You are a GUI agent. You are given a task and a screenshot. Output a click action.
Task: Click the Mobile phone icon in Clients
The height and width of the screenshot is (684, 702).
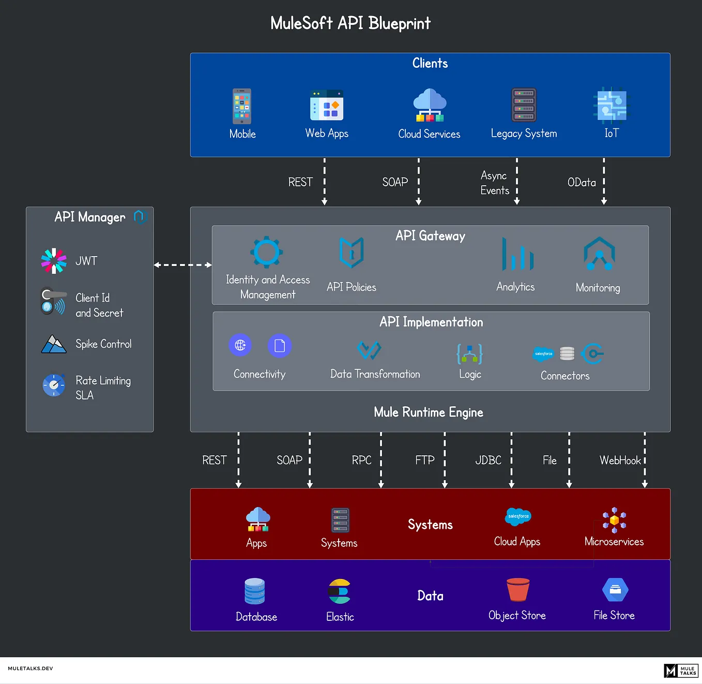click(x=242, y=106)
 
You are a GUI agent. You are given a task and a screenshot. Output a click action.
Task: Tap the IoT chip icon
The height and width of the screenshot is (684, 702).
click(x=612, y=105)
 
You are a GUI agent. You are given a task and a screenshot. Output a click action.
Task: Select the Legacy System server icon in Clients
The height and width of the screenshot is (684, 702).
click(x=524, y=105)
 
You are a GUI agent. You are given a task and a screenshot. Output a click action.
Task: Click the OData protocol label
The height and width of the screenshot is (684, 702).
click(x=582, y=182)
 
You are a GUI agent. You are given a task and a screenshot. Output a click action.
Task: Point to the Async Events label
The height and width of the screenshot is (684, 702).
click(x=494, y=183)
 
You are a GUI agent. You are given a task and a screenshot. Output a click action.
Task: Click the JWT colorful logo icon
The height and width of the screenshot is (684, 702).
click(x=54, y=261)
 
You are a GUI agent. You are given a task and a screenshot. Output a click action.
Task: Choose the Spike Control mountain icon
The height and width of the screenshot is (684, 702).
click(x=54, y=344)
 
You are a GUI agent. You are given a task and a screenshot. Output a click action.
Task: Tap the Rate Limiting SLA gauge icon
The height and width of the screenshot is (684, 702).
click(x=54, y=385)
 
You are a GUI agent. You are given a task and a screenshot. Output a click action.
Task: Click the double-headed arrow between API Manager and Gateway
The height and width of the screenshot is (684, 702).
click(x=182, y=265)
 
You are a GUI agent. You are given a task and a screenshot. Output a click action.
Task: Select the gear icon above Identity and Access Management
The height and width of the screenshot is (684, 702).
click(x=267, y=252)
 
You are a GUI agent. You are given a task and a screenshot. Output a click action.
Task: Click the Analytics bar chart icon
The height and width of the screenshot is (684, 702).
click(x=517, y=254)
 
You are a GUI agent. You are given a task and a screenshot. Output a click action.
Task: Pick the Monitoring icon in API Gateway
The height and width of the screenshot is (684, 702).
click(x=599, y=254)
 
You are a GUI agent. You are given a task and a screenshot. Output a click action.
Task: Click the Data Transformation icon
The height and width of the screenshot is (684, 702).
click(x=369, y=350)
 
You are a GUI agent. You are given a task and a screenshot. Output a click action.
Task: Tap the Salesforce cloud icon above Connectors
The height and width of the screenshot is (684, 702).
click(x=543, y=353)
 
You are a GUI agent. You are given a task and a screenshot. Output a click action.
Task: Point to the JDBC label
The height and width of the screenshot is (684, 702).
click(x=488, y=460)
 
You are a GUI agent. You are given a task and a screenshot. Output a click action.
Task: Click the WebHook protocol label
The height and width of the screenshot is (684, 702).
click(x=620, y=460)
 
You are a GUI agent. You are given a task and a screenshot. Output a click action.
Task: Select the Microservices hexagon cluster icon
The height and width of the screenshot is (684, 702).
click(x=614, y=520)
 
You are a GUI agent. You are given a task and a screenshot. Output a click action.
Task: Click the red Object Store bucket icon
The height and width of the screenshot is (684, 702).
click(x=518, y=589)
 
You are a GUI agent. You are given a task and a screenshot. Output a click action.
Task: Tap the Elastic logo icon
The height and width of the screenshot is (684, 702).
click(x=340, y=591)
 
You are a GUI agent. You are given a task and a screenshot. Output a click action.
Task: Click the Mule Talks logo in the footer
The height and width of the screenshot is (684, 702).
click(x=681, y=671)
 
